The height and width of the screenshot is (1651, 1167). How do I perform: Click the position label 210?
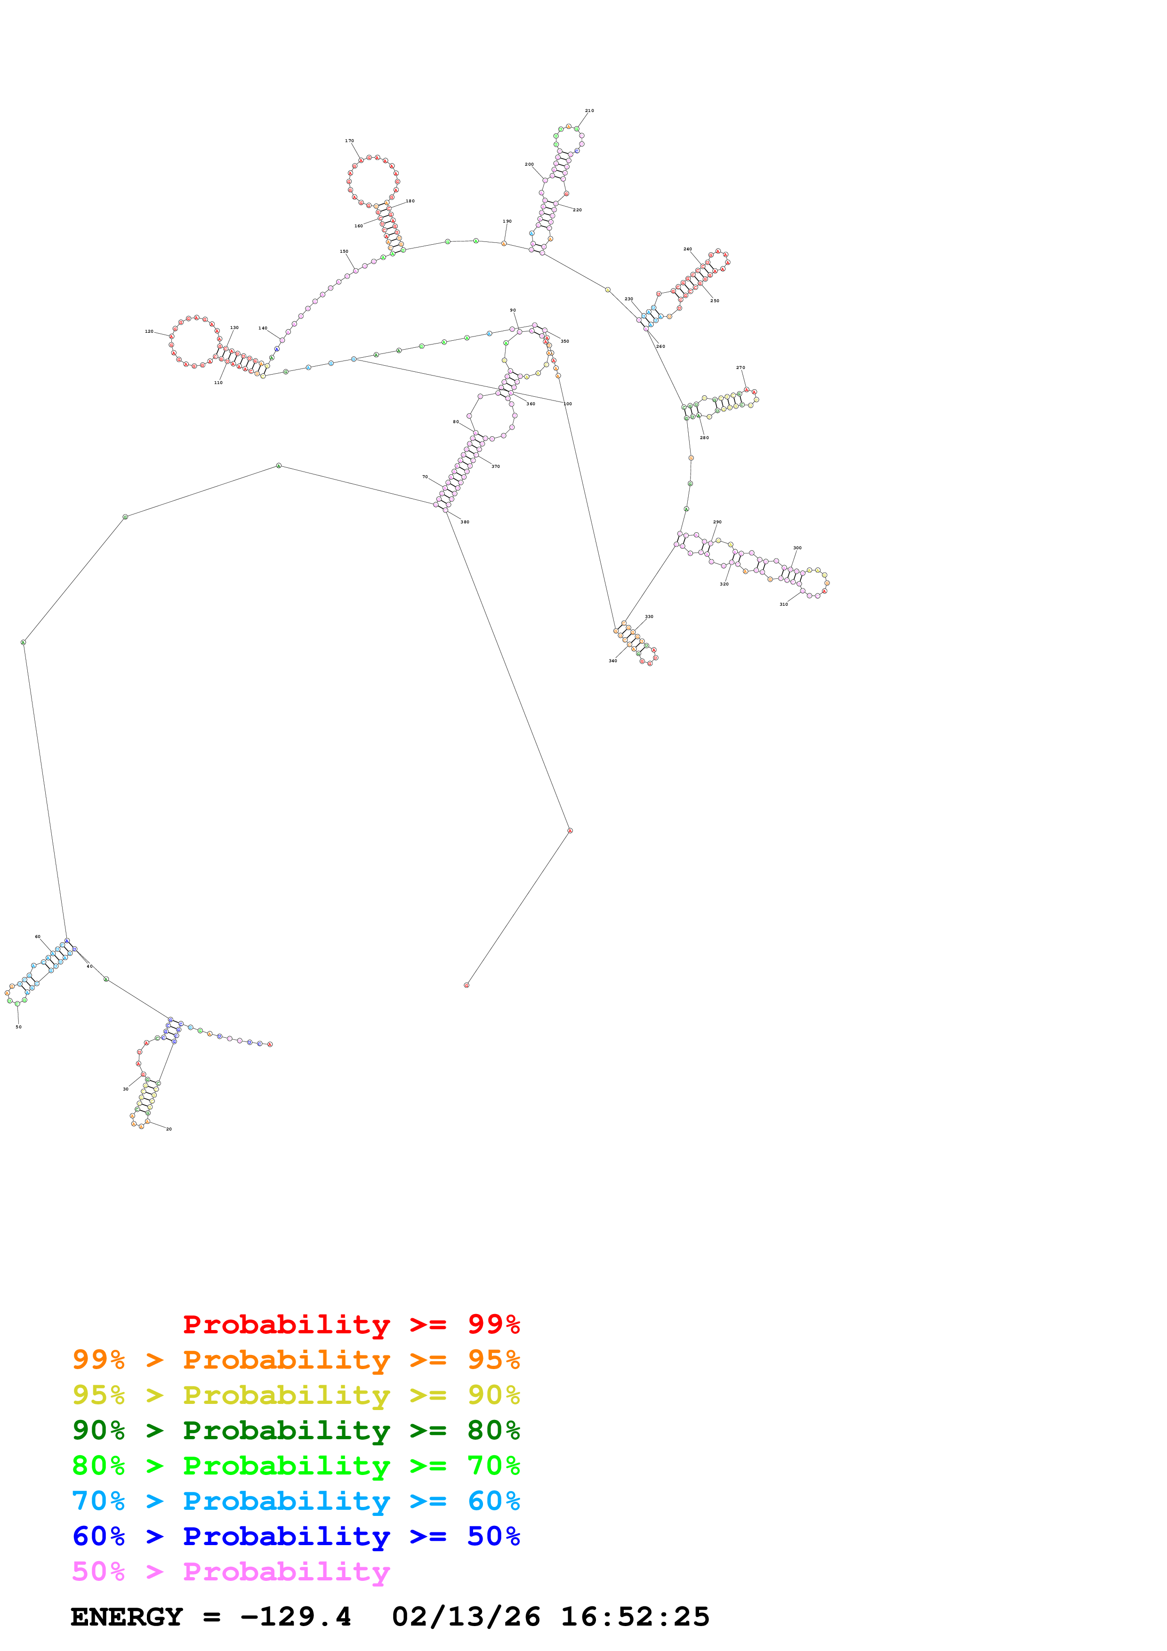click(x=589, y=111)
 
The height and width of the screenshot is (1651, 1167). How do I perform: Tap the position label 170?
click(x=349, y=141)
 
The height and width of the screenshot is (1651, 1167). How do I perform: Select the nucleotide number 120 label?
click(x=149, y=331)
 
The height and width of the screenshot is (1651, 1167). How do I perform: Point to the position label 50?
click(x=19, y=1027)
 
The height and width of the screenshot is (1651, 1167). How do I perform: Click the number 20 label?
click(x=169, y=1129)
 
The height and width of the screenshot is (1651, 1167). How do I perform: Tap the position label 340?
click(x=612, y=661)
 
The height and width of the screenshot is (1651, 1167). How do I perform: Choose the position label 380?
click(x=465, y=522)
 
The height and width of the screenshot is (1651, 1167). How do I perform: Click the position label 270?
click(x=740, y=368)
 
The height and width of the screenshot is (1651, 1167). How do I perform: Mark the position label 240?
click(x=687, y=249)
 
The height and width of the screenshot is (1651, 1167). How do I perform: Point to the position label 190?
click(x=507, y=222)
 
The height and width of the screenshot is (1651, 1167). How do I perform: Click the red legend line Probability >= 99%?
click(x=351, y=1324)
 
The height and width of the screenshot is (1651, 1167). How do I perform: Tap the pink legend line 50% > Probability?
click(x=231, y=1572)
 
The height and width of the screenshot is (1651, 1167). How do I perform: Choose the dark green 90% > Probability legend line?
click(x=296, y=1431)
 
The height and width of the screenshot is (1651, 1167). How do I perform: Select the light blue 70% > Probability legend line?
click(x=296, y=1501)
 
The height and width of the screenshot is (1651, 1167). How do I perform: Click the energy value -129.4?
click(x=296, y=1617)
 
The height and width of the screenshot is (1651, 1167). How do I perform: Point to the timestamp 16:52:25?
click(x=635, y=1617)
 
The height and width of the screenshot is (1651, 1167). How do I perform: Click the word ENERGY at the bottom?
click(x=127, y=1617)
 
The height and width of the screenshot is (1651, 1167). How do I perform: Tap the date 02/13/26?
click(x=466, y=1617)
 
